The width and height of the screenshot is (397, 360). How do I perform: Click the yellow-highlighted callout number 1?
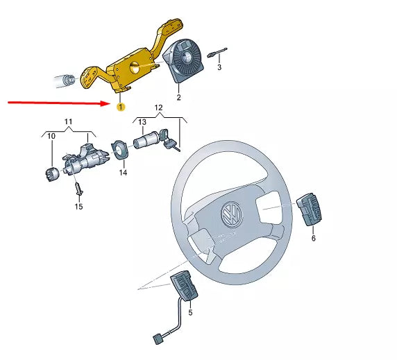click(121, 107)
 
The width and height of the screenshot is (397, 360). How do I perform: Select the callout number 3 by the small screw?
click(219, 67)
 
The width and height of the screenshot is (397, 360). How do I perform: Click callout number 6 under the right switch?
click(313, 237)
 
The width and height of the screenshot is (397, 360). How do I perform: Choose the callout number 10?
click(50, 136)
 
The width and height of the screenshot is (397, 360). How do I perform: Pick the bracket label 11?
click(68, 121)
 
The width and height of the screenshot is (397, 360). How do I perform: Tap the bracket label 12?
click(158, 108)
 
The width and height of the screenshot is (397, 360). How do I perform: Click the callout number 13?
click(142, 123)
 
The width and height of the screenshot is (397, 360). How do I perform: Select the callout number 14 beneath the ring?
click(123, 172)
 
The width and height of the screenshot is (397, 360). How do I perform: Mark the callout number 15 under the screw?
click(78, 206)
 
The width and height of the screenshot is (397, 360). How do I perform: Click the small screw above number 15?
click(78, 186)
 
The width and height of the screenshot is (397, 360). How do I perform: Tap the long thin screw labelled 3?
click(220, 51)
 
